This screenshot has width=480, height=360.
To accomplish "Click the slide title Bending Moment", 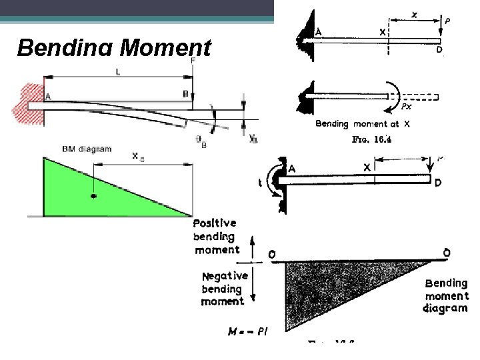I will pos(114,48).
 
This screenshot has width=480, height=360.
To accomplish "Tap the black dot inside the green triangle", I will pos(93,197).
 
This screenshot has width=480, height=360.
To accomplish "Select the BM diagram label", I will pos(87,149).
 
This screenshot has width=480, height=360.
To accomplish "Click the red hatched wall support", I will pos(27,103).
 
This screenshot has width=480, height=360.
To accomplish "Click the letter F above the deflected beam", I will pos(193,61).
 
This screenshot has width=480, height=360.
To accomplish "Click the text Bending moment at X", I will pos(363,124).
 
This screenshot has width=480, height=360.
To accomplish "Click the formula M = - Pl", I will pos(247,331).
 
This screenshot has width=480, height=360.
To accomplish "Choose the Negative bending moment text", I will pos(223,288).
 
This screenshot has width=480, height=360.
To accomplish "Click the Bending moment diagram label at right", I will pos(446,295).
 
